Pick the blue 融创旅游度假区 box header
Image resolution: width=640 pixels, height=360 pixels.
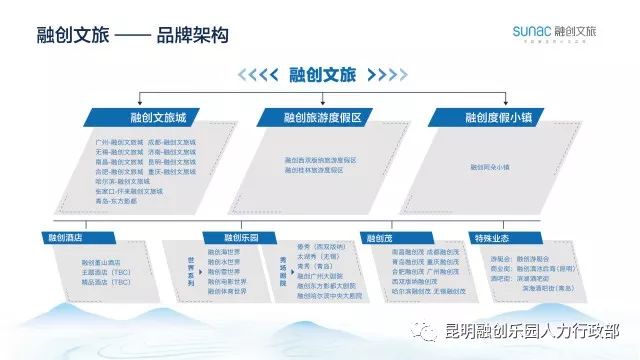321,118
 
